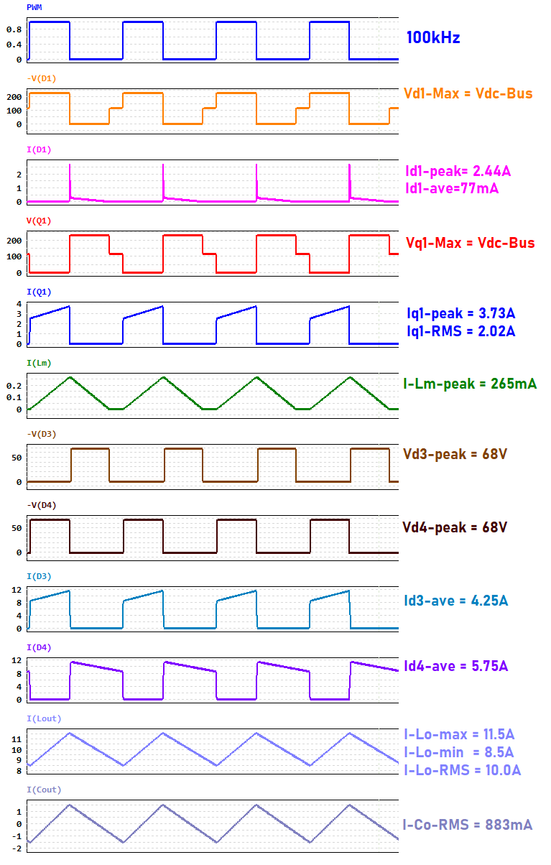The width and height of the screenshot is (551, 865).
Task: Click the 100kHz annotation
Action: [432, 38]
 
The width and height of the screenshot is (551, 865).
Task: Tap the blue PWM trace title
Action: [34, 6]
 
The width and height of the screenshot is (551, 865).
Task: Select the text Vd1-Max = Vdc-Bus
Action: [468, 93]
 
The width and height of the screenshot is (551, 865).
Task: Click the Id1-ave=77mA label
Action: [452, 188]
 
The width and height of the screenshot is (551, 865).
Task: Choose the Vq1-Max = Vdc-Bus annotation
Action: [469, 243]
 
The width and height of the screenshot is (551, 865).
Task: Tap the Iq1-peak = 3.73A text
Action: [460, 314]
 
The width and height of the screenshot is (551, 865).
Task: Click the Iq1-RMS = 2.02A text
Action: [460, 331]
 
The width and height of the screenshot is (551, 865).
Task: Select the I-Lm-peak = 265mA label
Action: [470, 384]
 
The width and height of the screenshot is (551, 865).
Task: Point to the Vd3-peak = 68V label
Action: [455, 455]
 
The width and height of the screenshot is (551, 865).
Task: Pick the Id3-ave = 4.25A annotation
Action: [455, 601]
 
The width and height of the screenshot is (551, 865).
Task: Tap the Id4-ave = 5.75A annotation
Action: [456, 666]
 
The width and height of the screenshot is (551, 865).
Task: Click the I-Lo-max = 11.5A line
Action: [460, 734]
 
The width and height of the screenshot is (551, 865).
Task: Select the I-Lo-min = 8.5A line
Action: [459, 752]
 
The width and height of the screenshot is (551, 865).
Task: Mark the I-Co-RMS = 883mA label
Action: [468, 825]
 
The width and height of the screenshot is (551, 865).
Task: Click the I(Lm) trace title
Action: [39, 363]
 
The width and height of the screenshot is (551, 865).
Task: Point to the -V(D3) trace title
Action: [41, 434]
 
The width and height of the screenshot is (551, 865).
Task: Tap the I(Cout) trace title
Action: [44, 790]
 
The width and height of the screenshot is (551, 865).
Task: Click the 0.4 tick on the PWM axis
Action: [14, 45]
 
